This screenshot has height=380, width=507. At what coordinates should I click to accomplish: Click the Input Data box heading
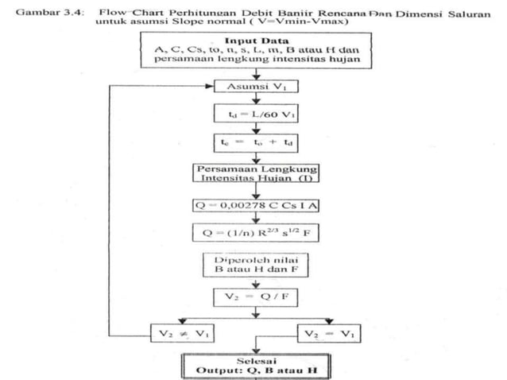click(x=253, y=39)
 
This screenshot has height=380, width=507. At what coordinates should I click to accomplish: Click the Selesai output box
click(x=253, y=366)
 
